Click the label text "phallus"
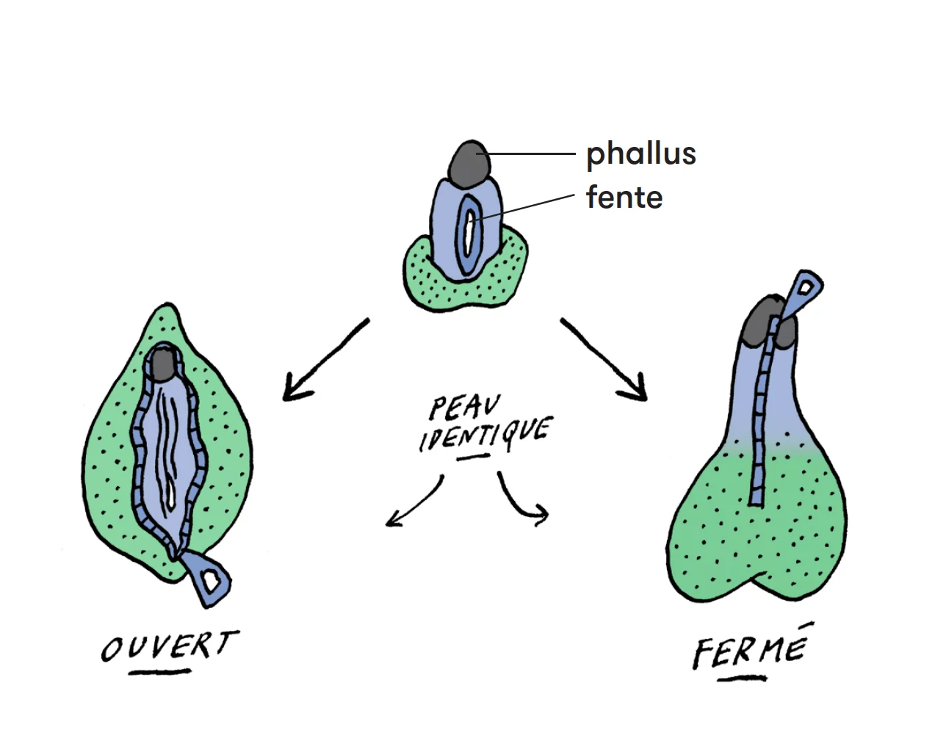pyautogui.click(x=641, y=155)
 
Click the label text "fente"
pyautogui.click(x=624, y=198)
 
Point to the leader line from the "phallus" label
pyautogui.click(x=526, y=153)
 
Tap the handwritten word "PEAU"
pyautogui.click(x=465, y=407)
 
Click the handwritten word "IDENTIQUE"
pyautogui.click(x=485, y=435)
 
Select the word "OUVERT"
pyautogui.click(x=170, y=646)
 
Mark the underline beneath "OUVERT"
pyautogui.click(x=160, y=672)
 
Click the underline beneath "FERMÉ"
pyautogui.click(x=742, y=679)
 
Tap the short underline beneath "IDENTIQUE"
pyautogui.click(x=474, y=457)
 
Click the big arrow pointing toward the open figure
pyautogui.click(x=325, y=360)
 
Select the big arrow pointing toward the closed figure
pyautogui.click(x=604, y=360)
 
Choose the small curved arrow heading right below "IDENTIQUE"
pyautogui.click(x=515, y=502)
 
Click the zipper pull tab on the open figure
pyautogui.click(x=206, y=579)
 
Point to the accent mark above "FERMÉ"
pyautogui.click(x=805, y=624)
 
